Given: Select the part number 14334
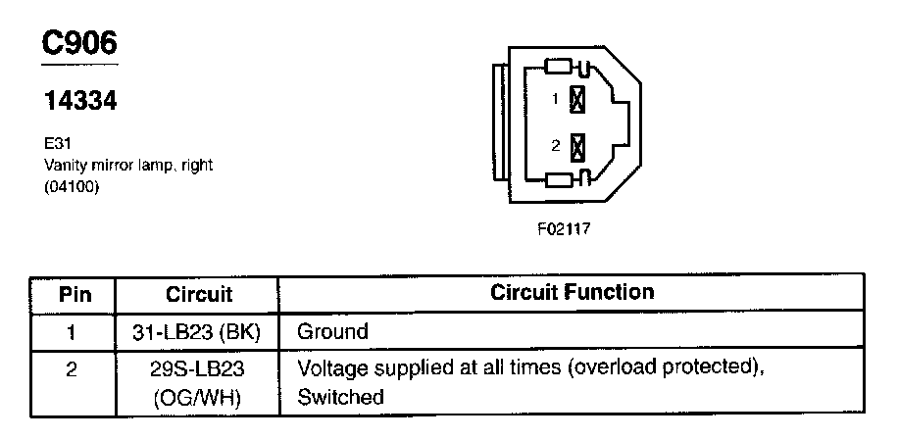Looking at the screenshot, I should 79,100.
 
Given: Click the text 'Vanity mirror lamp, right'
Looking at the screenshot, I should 127,166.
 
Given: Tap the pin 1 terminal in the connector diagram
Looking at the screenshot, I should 577,98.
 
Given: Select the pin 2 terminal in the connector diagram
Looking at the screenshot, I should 577,146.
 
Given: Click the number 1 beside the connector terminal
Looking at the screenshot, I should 556,99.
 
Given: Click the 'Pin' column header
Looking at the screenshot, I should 74,293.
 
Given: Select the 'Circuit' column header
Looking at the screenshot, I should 199,293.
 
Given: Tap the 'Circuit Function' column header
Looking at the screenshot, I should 572,292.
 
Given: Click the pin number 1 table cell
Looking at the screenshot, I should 74,332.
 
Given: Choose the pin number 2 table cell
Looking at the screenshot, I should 74,371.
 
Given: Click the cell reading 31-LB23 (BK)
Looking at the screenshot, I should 199,332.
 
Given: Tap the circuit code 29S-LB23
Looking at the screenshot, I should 199,371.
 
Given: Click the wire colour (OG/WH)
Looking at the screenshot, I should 199,398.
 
